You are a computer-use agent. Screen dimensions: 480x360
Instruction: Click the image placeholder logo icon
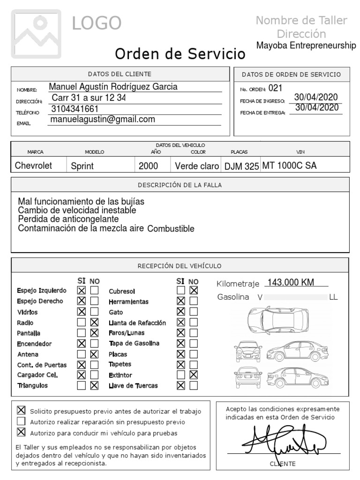[36, 33]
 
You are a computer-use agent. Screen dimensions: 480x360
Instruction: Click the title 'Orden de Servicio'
[180, 54]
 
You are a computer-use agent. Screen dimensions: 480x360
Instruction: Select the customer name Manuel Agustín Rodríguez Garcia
[113, 87]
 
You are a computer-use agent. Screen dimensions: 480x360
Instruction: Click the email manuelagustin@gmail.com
[102, 120]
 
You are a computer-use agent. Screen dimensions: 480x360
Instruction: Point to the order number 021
[276, 88]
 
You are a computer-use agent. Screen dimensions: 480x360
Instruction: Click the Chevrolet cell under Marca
[33, 166]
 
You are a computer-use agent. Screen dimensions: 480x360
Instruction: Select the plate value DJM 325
[242, 166]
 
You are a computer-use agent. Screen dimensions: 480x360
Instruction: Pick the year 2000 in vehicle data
[148, 166]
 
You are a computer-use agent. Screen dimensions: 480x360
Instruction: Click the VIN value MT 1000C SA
[289, 166]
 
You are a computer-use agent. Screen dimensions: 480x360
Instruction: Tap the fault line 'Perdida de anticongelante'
[68, 219]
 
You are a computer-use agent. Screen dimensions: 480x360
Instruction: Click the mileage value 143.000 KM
[290, 282]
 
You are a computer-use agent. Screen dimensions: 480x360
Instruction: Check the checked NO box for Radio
[95, 322]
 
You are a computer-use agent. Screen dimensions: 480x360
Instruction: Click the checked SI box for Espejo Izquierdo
[82, 291]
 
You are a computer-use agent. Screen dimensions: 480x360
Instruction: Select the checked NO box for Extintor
[194, 375]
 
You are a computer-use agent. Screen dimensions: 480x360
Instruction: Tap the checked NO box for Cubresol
[194, 291]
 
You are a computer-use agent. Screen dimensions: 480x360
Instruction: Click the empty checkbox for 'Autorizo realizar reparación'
[21, 422]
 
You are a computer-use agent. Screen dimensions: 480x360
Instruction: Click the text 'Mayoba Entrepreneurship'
[306, 45]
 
